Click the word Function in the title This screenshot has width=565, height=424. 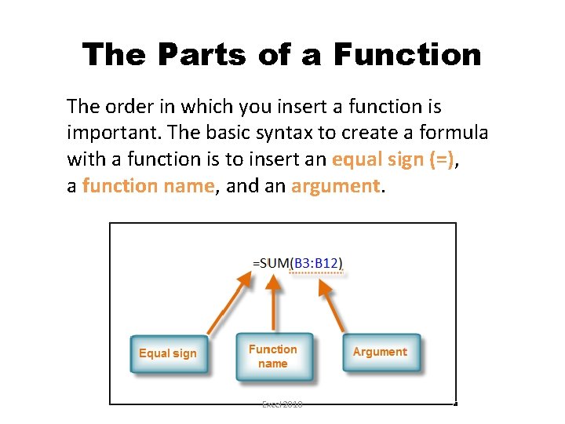coord(407,55)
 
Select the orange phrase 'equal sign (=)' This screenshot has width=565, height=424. coord(393,159)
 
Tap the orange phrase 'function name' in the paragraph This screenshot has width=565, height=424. coord(148,185)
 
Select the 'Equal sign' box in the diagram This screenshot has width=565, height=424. coord(168,353)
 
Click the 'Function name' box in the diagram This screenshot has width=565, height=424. coord(273,356)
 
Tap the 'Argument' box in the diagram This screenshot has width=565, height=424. coord(380,353)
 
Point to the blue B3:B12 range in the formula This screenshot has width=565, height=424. coord(317,263)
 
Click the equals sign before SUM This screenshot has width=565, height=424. coord(256,264)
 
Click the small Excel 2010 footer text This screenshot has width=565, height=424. coord(282,404)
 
